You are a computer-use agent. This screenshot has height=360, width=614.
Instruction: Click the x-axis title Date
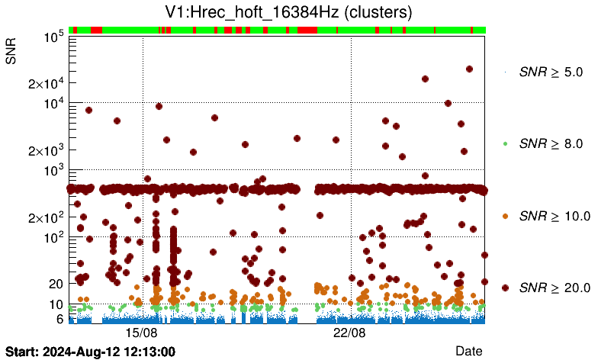tap(468, 351)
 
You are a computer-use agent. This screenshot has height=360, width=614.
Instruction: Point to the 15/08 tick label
tap(142, 333)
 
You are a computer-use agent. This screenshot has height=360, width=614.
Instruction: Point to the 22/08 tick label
tap(351, 333)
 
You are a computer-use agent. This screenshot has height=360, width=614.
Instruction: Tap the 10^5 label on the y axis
tap(53, 37)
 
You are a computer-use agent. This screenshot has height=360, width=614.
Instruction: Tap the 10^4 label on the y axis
tap(53, 103)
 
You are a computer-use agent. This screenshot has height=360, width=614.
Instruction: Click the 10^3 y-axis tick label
tap(53, 170)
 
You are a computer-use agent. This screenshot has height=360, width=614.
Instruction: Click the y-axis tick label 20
tap(55, 284)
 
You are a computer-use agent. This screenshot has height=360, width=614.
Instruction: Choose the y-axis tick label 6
tap(59, 319)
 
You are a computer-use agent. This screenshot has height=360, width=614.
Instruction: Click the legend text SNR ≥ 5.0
tap(551, 72)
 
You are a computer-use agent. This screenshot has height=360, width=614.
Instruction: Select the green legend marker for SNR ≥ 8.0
tap(505, 143)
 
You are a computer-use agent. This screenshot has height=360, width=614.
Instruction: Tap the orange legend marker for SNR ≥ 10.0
tap(505, 216)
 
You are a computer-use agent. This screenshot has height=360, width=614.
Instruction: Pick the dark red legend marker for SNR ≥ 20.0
tap(505, 288)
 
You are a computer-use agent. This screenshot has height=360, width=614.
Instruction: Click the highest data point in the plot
tap(469, 69)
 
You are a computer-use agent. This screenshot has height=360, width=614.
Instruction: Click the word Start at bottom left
tap(20, 352)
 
